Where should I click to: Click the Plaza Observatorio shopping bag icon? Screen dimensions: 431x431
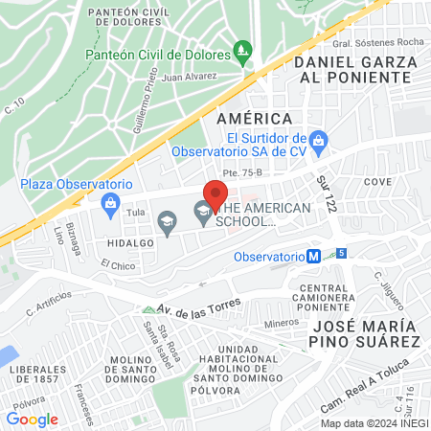[x=112, y=202]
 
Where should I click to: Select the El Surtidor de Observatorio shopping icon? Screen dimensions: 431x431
[x=321, y=143]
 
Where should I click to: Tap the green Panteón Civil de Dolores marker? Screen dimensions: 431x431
[x=243, y=48]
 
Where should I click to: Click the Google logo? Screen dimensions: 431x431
[x=32, y=419]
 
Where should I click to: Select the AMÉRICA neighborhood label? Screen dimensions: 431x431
[x=254, y=118]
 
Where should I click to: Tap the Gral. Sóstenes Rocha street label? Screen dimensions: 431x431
[x=378, y=43]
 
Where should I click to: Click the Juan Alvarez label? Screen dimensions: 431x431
[x=190, y=78]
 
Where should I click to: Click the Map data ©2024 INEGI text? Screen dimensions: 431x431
[x=373, y=422]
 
